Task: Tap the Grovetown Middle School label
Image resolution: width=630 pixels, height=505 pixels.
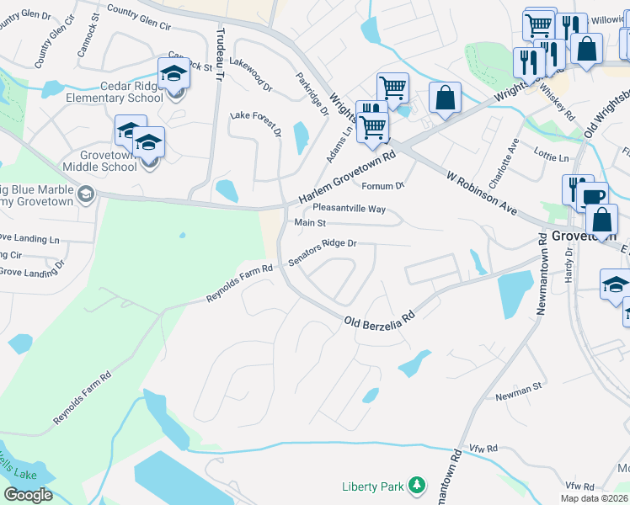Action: (108, 161)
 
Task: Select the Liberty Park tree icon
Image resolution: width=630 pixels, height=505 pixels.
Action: (415, 485)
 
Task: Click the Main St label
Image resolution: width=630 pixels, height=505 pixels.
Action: (310, 223)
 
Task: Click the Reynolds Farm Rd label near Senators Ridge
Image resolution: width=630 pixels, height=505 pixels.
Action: (241, 284)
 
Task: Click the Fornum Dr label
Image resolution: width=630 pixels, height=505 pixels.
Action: (383, 185)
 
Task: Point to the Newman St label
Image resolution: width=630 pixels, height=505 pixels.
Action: (518, 391)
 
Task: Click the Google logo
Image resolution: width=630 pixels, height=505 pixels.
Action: (29, 495)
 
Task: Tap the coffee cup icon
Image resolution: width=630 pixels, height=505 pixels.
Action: (592, 197)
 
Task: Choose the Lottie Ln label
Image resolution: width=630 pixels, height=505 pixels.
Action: (552, 157)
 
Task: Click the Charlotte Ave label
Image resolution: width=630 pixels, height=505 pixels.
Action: (511, 158)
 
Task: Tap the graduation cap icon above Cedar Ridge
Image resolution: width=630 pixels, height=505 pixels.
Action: (174, 73)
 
